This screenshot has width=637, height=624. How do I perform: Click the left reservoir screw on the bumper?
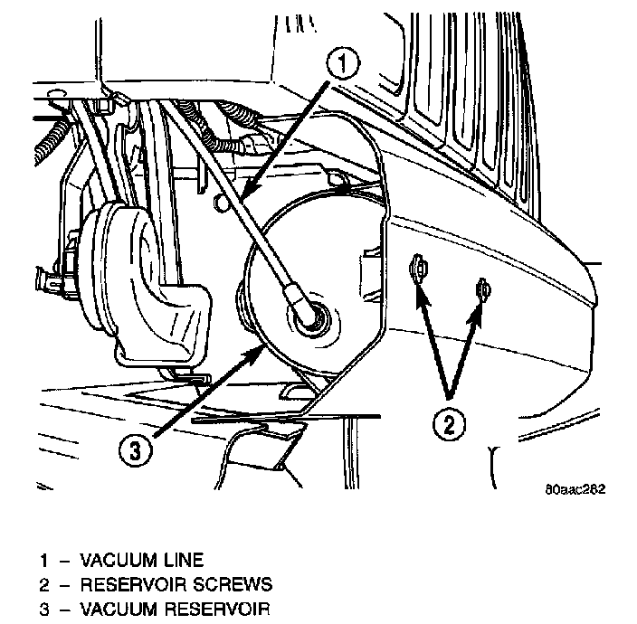[419, 268]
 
